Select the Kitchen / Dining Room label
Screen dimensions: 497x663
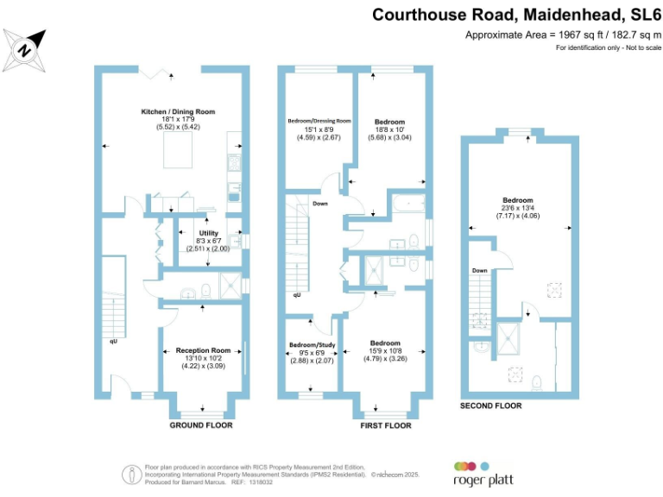pyautogui.click(x=178, y=112)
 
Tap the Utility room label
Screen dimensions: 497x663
pyautogui.click(x=208, y=233)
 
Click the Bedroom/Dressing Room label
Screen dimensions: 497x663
pyautogui.click(x=319, y=122)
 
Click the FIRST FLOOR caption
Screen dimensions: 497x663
pyautogui.click(x=385, y=425)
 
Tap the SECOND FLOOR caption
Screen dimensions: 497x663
pyautogui.click(x=490, y=405)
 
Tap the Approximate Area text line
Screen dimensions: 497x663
pyautogui.click(x=563, y=35)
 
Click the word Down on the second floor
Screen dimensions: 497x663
pyautogui.click(x=480, y=271)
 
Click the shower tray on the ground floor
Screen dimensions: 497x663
pyautogui.click(x=230, y=286)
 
